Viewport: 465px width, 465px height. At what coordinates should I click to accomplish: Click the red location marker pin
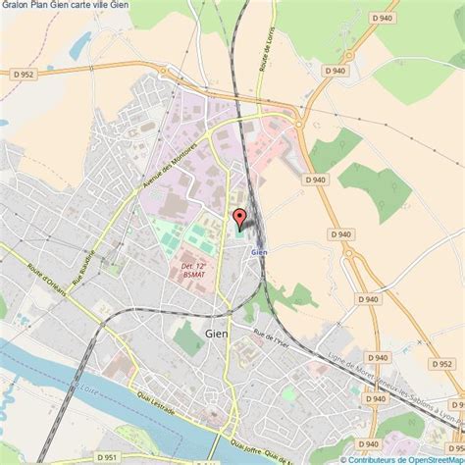tap(237, 219)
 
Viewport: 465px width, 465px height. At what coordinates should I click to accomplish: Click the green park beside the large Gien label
tap(187, 337)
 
